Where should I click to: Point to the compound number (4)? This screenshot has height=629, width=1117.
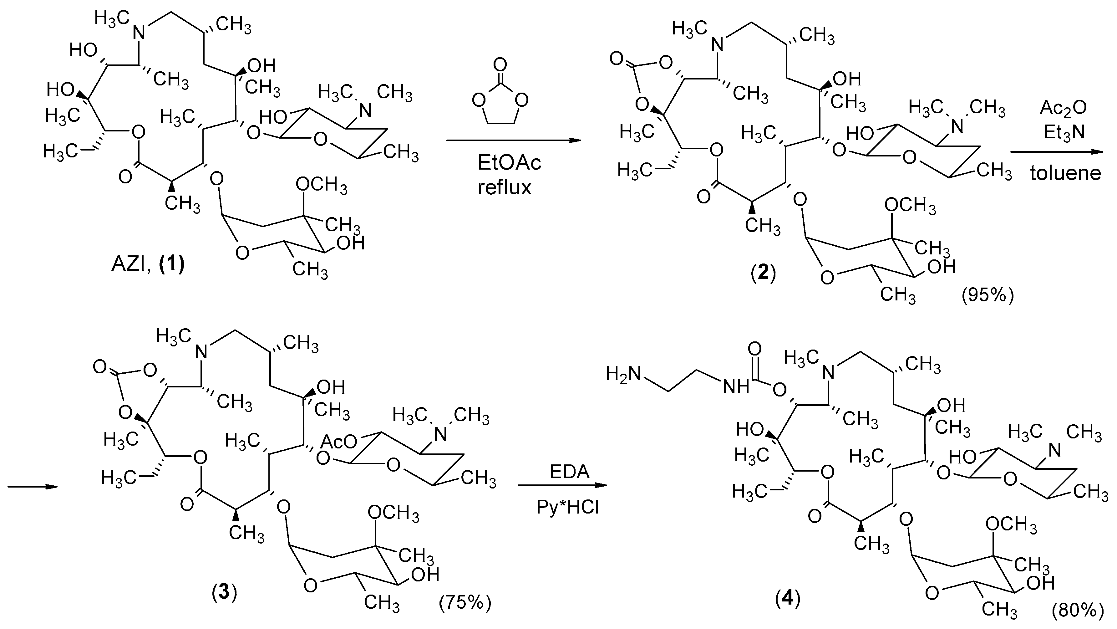787,599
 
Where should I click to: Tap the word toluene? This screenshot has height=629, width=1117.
1065,173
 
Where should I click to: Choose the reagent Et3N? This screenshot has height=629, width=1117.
1064,132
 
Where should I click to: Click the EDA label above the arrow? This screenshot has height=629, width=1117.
569,472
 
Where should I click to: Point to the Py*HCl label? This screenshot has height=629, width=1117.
568,506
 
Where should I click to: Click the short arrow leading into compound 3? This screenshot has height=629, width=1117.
33,486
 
